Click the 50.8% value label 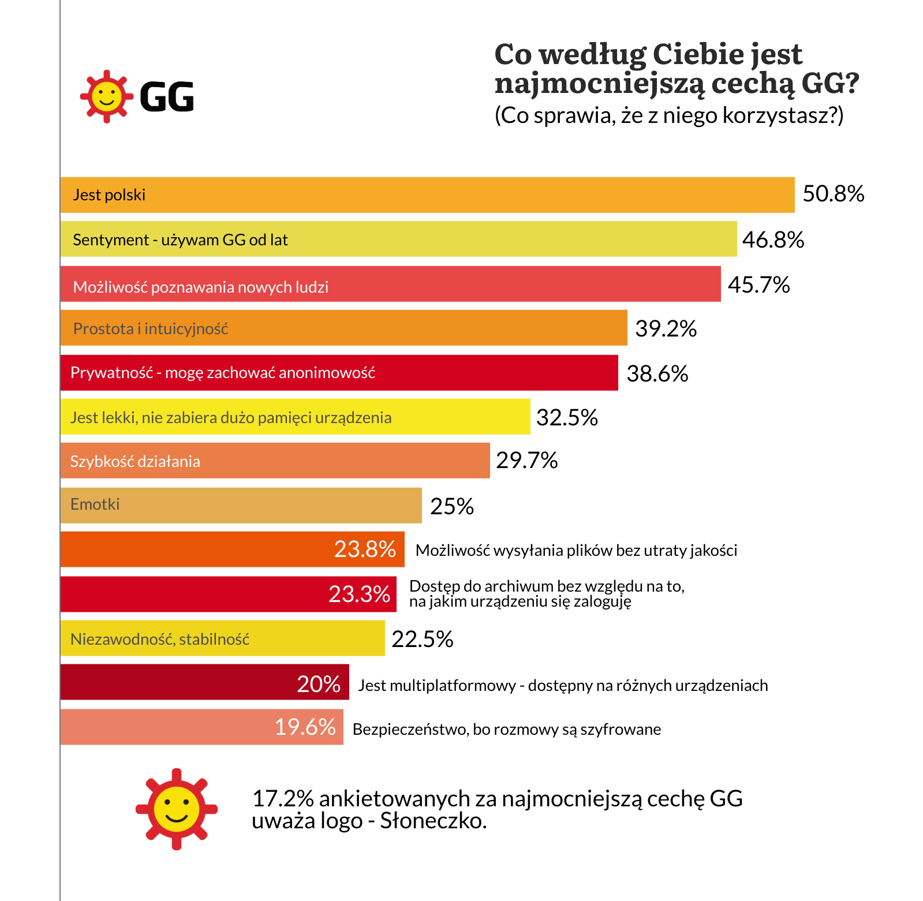coord(833,194)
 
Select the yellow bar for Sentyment coord(398,239)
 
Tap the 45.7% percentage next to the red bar coord(758,285)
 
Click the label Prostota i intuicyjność coord(151,328)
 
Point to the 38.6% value coord(657,373)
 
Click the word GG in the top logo coord(167,96)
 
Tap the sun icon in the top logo coord(106,96)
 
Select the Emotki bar coord(241,505)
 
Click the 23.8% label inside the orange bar coord(365,549)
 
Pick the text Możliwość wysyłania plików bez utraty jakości coord(576,550)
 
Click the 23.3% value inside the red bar coord(359,594)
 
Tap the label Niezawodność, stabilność coord(160,639)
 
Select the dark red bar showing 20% coord(204,682)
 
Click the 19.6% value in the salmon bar coord(305,727)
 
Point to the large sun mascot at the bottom coord(177,809)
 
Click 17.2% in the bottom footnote coord(283,798)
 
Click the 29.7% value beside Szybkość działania coord(526,460)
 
